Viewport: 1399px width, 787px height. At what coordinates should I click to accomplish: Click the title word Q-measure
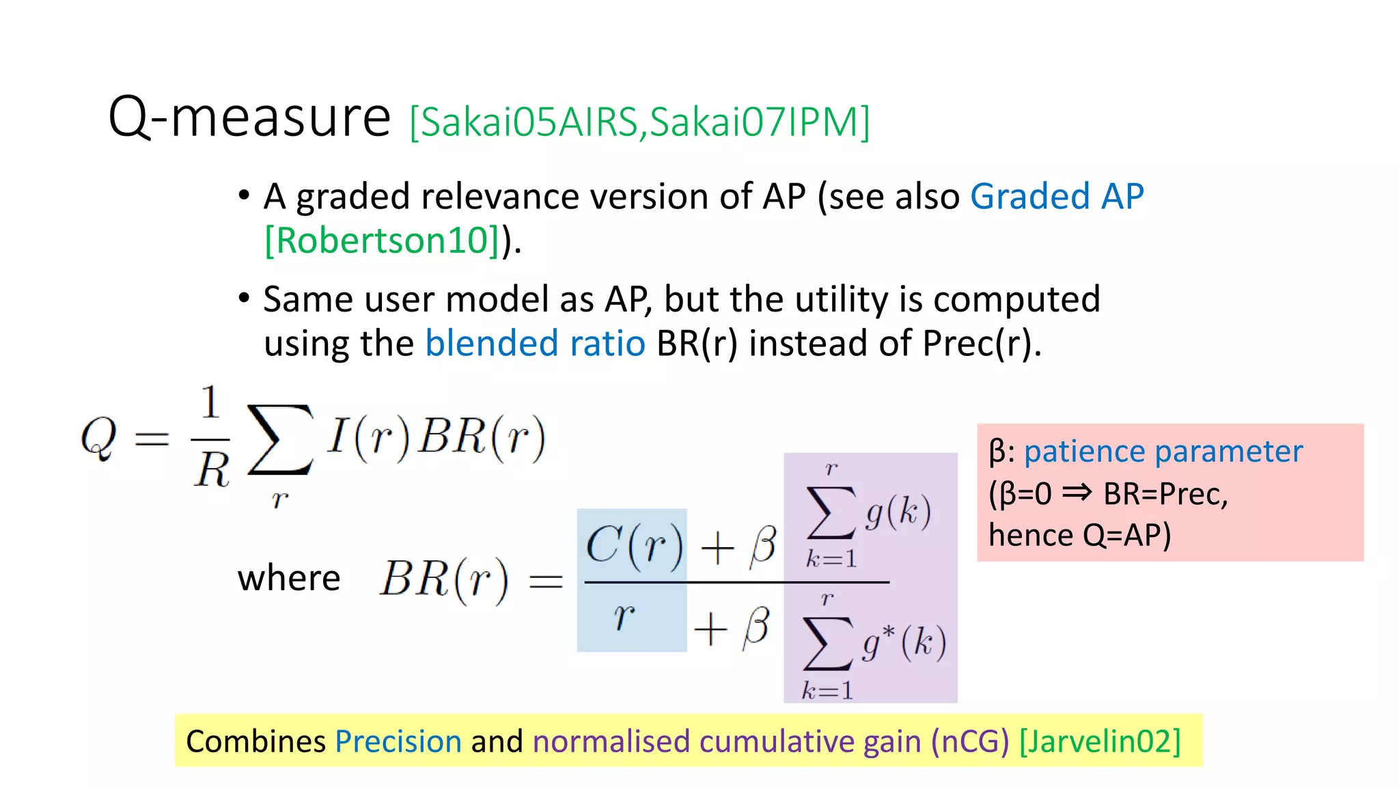[x=249, y=118]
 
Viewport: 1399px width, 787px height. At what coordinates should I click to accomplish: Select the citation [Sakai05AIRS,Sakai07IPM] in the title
[x=639, y=123]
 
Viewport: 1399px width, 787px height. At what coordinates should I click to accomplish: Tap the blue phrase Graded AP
[x=1056, y=197]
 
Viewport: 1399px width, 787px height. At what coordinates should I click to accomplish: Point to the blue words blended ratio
[x=535, y=343]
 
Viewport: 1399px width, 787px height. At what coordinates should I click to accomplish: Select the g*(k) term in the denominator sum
[x=904, y=642]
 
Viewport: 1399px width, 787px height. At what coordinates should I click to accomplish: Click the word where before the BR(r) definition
[x=289, y=579]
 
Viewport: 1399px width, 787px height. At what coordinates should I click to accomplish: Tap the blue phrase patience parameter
[x=1163, y=452]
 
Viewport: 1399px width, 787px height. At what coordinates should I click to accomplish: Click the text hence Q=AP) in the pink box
[x=1079, y=535]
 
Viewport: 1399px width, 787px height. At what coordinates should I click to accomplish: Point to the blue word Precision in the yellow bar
[x=398, y=741]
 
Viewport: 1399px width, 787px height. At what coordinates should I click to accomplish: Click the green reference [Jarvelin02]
[x=1100, y=741]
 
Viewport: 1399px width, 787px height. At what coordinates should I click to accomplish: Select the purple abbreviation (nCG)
[x=970, y=741]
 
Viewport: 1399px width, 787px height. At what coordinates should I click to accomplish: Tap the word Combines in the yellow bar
[x=255, y=741]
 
